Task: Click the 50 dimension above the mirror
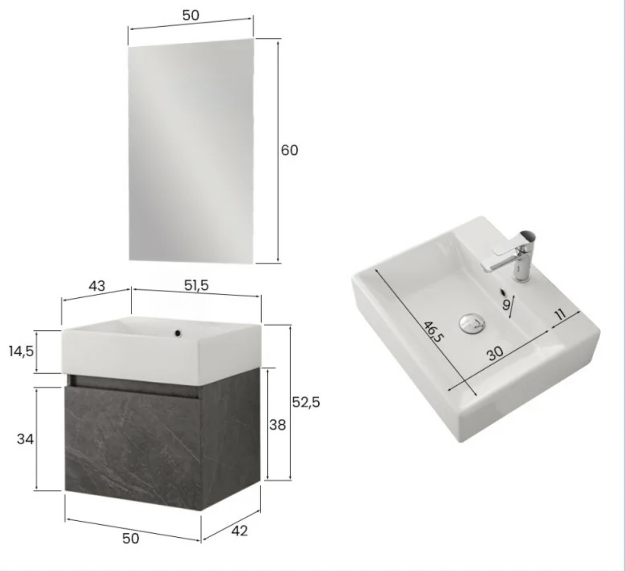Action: pyautogui.click(x=191, y=15)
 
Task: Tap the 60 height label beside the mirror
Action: pyautogui.click(x=290, y=150)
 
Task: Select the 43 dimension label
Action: pyautogui.click(x=97, y=286)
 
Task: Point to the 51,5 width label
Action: pyautogui.click(x=196, y=285)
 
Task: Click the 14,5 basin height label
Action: pyautogui.click(x=21, y=352)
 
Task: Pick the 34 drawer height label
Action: pyautogui.click(x=25, y=439)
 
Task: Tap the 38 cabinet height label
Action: pyautogui.click(x=277, y=425)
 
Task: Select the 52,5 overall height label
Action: pyautogui.click(x=306, y=402)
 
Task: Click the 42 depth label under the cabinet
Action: pyautogui.click(x=239, y=531)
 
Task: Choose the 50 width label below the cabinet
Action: pyautogui.click(x=131, y=539)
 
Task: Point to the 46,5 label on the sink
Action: pyautogui.click(x=433, y=332)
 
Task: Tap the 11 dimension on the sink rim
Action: pyautogui.click(x=560, y=314)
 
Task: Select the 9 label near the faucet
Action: pyautogui.click(x=506, y=305)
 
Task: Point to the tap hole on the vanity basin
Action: pyautogui.click(x=178, y=334)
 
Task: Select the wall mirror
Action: pyautogui.click(x=191, y=151)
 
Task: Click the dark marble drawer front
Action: pyautogui.click(x=133, y=448)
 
